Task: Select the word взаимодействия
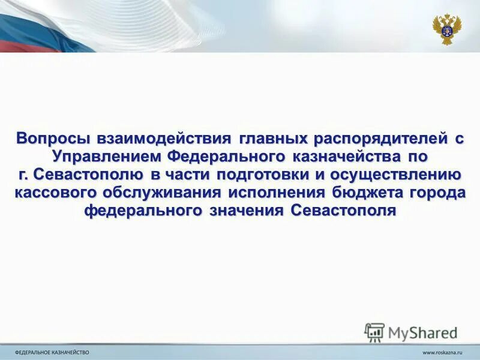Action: tap(155, 139)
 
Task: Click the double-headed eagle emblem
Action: tap(446, 28)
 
